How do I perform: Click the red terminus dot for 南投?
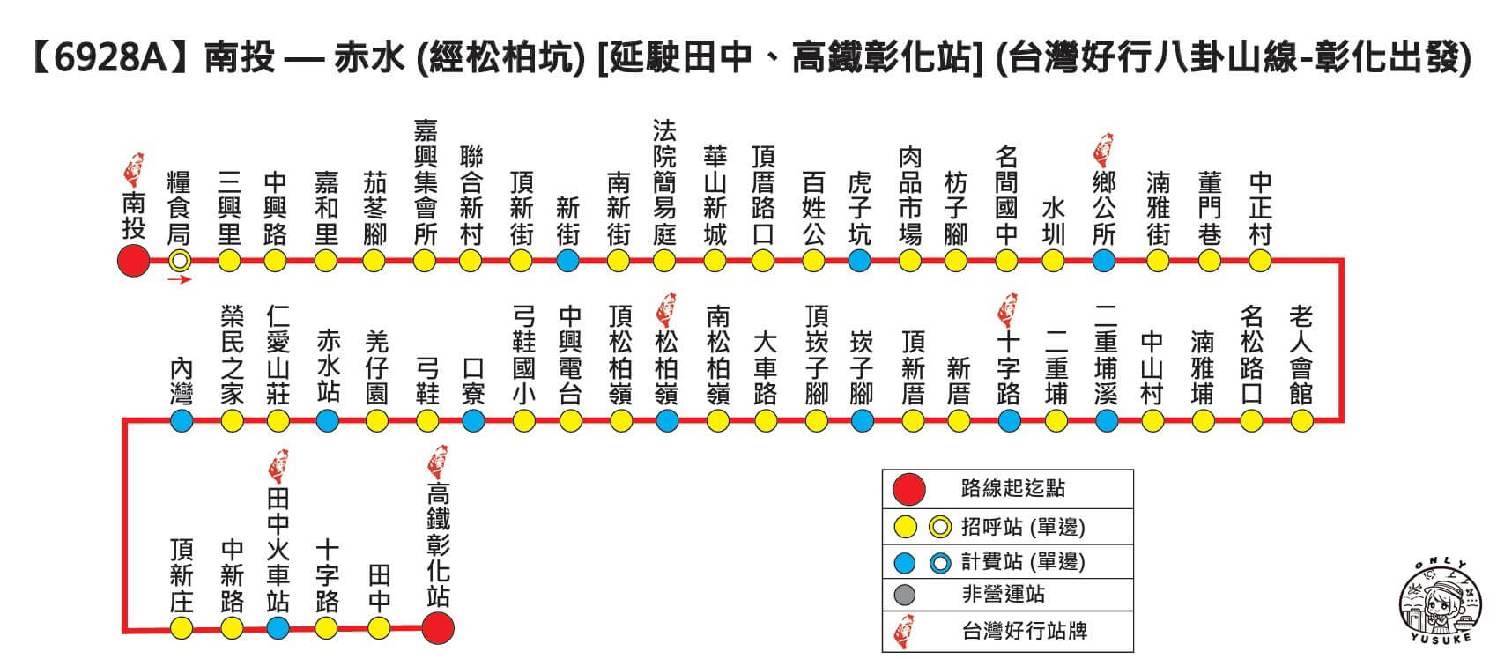134,261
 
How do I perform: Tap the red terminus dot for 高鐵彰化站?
438,627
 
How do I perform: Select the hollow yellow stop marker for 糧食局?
180,261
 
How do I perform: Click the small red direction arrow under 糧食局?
180,280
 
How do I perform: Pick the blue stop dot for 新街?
567,261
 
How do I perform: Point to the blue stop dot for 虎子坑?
859,261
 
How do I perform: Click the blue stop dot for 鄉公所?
1103,261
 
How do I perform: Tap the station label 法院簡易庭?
664,182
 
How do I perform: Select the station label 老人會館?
1301,354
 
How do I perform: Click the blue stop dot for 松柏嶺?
667,420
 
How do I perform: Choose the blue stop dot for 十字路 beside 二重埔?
1009,420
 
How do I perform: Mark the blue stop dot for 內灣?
182,420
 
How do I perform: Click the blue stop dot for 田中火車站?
278,627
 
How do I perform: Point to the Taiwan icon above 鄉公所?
1102,152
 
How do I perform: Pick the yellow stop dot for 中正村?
1260,261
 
